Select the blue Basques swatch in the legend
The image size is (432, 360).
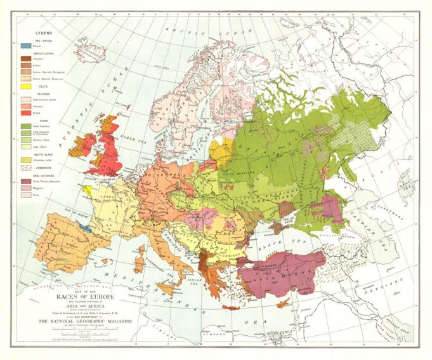point(25,46)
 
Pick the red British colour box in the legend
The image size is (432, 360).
point(25,112)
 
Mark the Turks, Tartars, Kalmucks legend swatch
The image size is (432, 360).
point(25,181)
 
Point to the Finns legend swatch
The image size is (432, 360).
point(25,195)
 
